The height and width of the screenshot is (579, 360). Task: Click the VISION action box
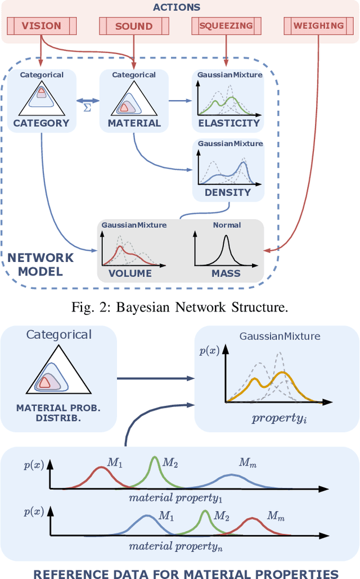42,25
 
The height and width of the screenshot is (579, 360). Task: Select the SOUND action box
134,26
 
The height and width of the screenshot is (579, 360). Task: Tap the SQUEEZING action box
226,25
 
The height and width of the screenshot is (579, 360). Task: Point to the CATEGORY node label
42,123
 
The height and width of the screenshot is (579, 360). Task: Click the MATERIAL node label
134,123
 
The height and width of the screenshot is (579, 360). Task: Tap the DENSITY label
228,192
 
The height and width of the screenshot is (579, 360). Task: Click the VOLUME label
130,274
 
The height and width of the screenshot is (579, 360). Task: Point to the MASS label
226,274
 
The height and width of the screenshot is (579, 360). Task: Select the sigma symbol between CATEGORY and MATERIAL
87,107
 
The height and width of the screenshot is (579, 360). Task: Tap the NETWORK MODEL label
40,264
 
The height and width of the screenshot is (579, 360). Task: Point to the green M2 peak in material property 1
155,458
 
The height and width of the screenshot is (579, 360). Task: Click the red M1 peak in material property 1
101,469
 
